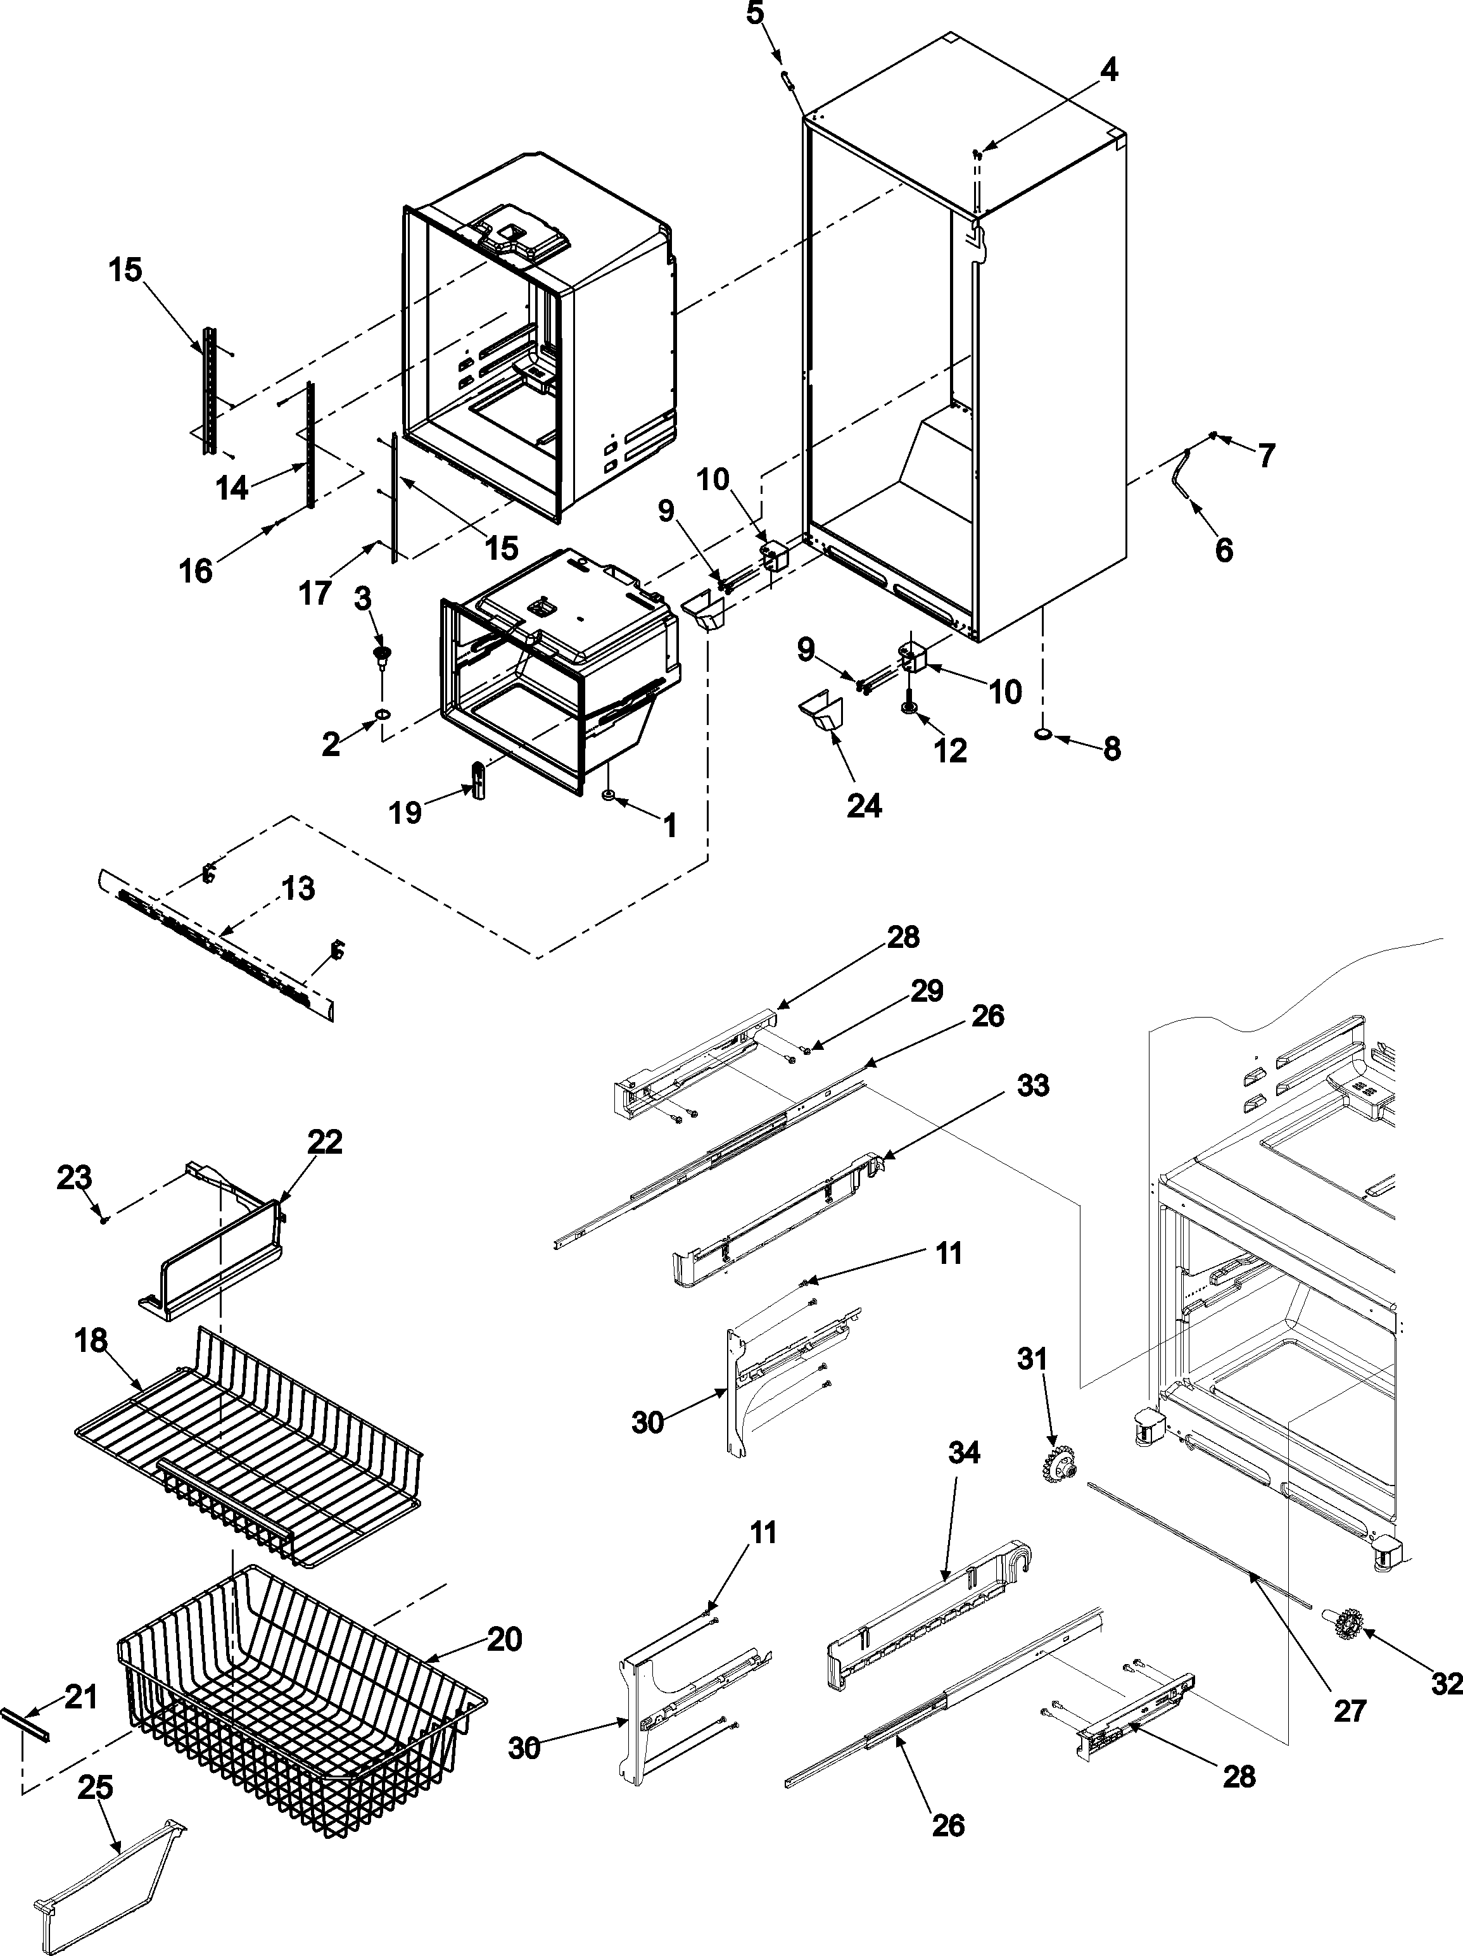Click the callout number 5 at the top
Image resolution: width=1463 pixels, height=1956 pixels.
pyautogui.click(x=754, y=16)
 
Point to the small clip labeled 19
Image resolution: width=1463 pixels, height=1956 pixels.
pyautogui.click(x=479, y=780)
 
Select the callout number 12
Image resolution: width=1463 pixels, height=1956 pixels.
pyautogui.click(x=951, y=751)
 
